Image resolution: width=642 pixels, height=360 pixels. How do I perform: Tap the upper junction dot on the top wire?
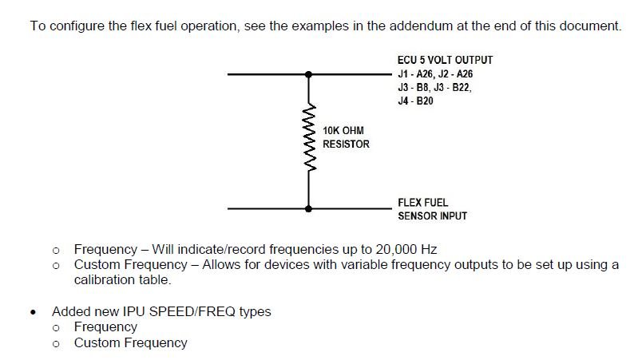[x=309, y=74]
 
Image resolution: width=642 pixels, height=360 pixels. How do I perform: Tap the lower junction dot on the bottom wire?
[x=309, y=208]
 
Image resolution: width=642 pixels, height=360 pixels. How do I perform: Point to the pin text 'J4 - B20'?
[x=415, y=102]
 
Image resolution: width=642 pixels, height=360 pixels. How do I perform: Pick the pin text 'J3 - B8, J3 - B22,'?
[x=434, y=88]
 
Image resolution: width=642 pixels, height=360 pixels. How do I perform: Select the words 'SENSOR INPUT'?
[x=432, y=216]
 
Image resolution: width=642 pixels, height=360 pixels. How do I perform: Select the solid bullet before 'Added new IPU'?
[x=32, y=312]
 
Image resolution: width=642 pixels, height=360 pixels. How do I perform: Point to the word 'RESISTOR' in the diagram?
[x=346, y=144]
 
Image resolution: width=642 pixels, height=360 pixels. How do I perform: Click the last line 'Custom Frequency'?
[x=130, y=342]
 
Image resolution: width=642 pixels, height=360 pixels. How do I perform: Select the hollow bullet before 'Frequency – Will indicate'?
[x=56, y=250]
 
